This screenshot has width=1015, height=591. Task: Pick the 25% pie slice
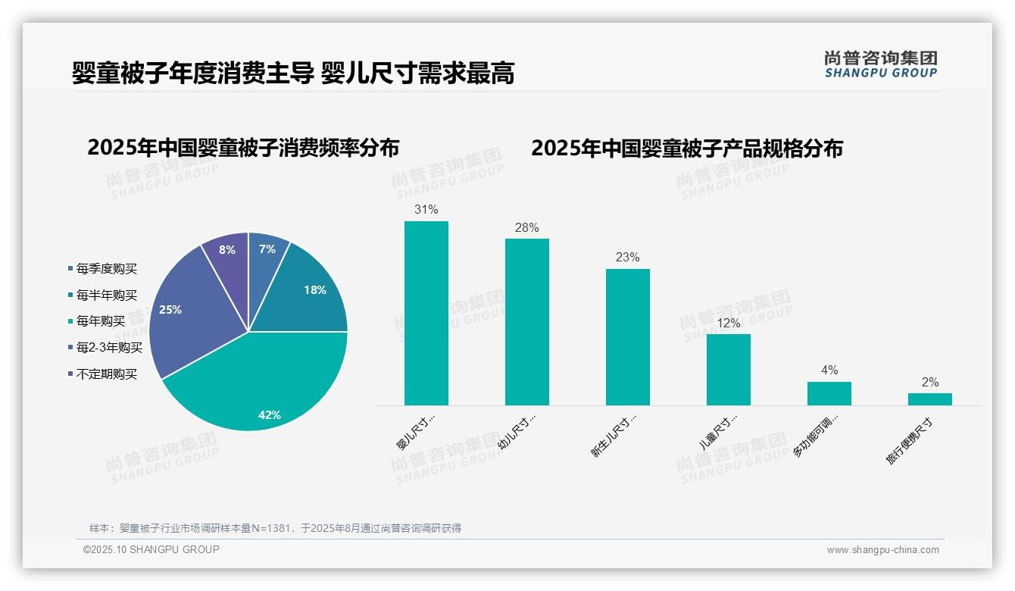point(182,311)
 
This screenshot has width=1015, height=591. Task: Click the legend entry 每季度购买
point(106,269)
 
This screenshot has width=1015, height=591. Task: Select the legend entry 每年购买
point(100,321)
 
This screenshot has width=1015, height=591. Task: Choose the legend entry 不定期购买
point(106,374)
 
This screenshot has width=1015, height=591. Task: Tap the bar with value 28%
point(527,322)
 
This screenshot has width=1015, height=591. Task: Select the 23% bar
point(628,337)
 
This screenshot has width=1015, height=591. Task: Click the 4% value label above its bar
point(829,371)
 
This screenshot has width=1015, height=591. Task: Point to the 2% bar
point(930,399)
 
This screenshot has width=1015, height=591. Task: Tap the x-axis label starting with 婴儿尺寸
point(416,433)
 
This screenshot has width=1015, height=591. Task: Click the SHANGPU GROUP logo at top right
point(881,64)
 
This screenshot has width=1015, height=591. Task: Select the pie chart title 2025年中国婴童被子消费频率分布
point(243,148)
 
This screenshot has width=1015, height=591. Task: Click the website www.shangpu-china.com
point(882,550)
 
